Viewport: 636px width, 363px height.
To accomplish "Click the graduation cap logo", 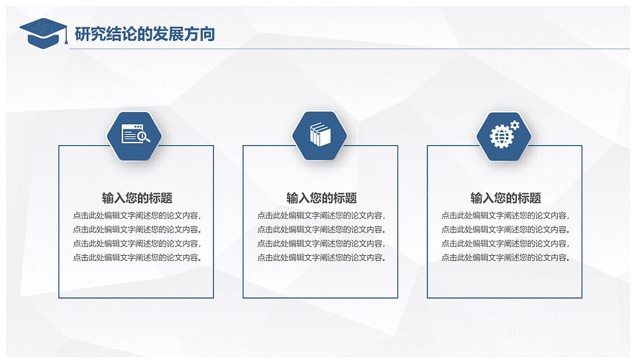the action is (43, 32).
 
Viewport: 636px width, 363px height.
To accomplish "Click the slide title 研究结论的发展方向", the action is (145, 34).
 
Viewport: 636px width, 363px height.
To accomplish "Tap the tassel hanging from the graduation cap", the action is (66, 35).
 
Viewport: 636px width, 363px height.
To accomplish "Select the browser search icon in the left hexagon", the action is (135, 133).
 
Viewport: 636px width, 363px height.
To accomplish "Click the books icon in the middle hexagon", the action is (320, 134).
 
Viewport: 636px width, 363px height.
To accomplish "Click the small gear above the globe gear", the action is (514, 125).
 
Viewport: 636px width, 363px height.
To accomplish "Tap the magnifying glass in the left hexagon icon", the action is (143, 137).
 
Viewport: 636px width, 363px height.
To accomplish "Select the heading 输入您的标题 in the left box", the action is (137, 198).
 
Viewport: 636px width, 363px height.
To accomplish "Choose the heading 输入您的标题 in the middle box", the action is (322, 198).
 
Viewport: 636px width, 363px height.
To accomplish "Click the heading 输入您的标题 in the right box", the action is (505, 198).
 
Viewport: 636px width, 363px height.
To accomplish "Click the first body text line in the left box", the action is (137, 215).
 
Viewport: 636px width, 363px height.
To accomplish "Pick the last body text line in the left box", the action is (137, 257).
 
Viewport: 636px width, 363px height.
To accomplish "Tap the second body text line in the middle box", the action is (321, 229).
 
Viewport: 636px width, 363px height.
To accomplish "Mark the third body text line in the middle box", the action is (321, 243).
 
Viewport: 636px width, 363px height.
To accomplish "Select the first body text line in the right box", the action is (505, 215).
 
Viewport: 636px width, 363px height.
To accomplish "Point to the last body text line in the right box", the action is (505, 257).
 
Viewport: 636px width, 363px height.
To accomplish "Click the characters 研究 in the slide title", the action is (90, 34).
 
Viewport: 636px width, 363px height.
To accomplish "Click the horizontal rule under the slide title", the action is (350, 49).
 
